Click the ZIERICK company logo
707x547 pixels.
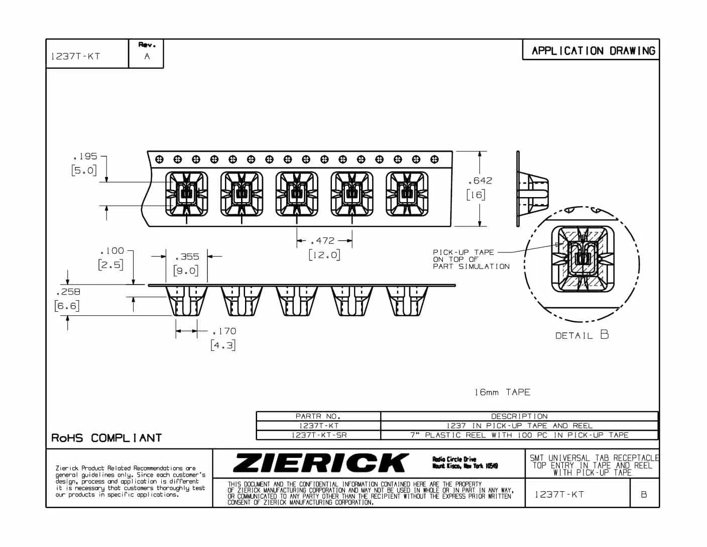pyautogui.click(x=321, y=463)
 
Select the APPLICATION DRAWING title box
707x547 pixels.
pyautogui.click(x=591, y=50)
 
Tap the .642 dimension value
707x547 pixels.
pyautogui.click(x=480, y=181)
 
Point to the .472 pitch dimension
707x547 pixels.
pyautogui.click(x=322, y=241)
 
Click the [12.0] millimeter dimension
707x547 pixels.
pyautogui.click(x=324, y=255)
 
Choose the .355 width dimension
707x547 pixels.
pyautogui.click(x=187, y=257)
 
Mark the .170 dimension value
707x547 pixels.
pyautogui.click(x=224, y=331)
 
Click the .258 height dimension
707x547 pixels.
pyautogui.click(x=68, y=292)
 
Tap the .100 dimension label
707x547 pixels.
pyautogui.click(x=112, y=251)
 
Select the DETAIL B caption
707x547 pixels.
pyautogui.click(x=582, y=335)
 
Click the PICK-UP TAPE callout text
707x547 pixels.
pyautogui.click(x=471, y=259)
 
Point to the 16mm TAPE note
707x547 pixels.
pyautogui.click(x=502, y=392)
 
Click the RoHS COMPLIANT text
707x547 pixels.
pyautogui.click(x=106, y=438)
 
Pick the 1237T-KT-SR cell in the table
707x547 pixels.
pyautogui.click(x=319, y=435)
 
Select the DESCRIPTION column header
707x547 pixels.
pyautogui.click(x=519, y=416)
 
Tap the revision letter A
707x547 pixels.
pyautogui.click(x=147, y=56)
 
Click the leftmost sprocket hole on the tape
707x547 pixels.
pyautogui.click(x=159, y=159)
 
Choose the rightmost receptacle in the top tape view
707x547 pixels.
pyautogui.click(x=407, y=194)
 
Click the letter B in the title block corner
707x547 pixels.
pyautogui.click(x=644, y=495)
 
